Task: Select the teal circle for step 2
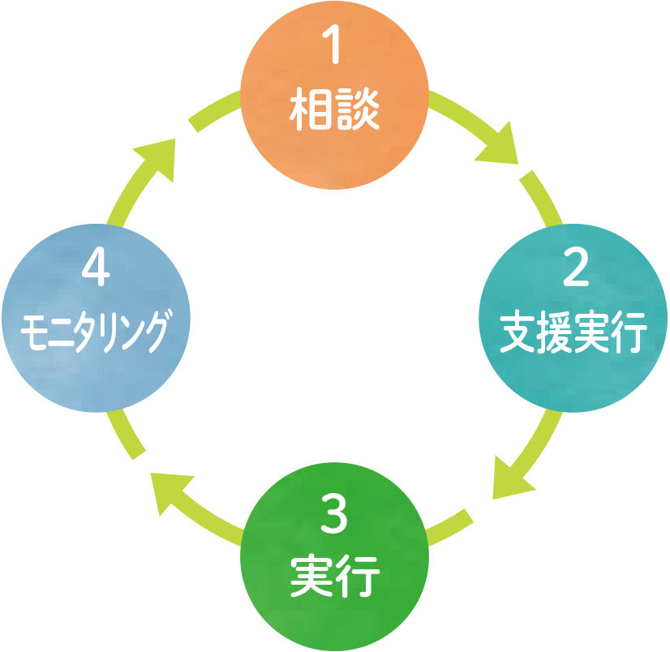coord(574,316)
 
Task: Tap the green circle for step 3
coord(335,555)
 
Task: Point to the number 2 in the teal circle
coord(574,270)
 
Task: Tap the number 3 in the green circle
coord(333,517)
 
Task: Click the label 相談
coord(335,113)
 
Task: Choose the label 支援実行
coord(573,334)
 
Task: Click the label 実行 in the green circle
coord(335,577)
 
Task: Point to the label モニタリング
coord(97,332)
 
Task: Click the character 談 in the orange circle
coord(358,113)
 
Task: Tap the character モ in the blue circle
coord(33,332)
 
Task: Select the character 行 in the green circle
coord(358,577)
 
